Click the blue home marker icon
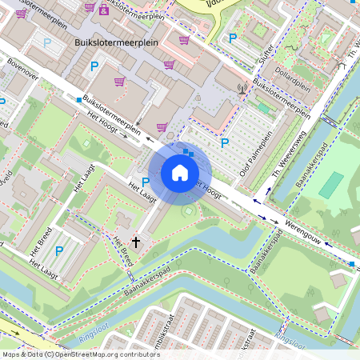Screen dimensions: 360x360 pyautogui.click(x=180, y=173)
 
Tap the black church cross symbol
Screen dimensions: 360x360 pyautogui.click(x=136, y=241)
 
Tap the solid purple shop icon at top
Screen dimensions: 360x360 pyautogui.click(x=102, y=10)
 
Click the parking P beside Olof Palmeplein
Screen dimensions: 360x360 pyautogui.click(x=225, y=143)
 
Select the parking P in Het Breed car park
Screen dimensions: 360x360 pyautogui.click(x=59, y=251)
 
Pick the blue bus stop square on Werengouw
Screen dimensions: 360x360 pyautogui.click(x=352, y=263)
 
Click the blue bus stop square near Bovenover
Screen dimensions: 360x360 pyautogui.click(x=78, y=99)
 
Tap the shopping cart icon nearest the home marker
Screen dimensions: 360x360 pyautogui.click(x=162, y=126)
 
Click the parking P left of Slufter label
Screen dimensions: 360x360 pyautogui.click(x=233, y=38)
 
